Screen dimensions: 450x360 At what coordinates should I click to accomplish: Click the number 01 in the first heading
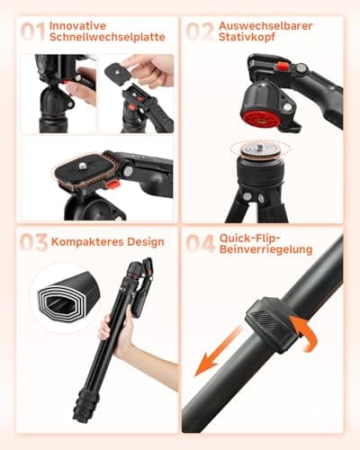[x=32, y=33]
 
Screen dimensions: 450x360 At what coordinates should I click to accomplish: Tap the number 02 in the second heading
[x=201, y=33]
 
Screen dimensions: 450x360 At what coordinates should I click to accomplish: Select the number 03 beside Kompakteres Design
[x=33, y=244]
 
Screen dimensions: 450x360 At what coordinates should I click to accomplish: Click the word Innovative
[x=78, y=25]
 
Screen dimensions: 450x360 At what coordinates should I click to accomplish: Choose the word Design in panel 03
[x=143, y=243]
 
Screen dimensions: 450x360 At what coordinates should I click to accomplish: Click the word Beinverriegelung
[x=267, y=249]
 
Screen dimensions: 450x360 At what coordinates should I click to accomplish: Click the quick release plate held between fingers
[x=121, y=71]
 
